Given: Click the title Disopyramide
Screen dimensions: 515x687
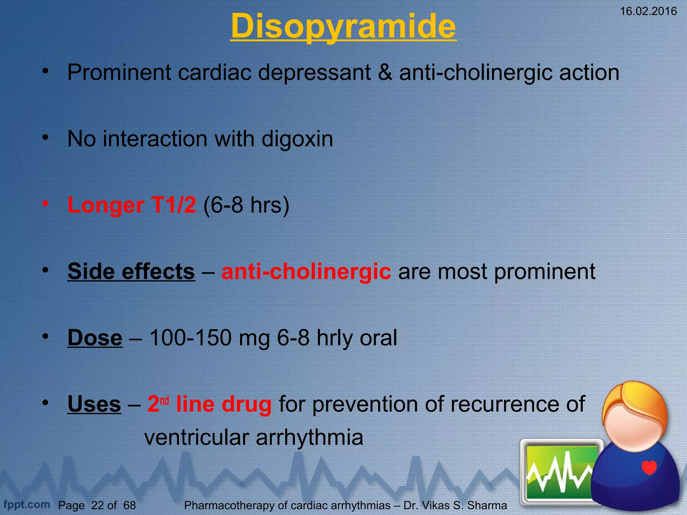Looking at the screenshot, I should click(x=343, y=26).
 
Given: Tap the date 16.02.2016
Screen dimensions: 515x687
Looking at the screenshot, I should click(x=648, y=11).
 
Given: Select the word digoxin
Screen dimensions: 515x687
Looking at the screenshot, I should click(x=297, y=138).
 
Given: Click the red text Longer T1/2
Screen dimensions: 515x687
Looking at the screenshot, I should click(x=131, y=205).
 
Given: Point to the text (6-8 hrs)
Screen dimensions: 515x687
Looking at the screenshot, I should click(x=246, y=205).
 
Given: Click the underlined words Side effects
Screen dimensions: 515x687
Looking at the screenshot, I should click(x=131, y=271).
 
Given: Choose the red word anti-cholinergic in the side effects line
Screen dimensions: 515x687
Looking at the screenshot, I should click(x=306, y=271).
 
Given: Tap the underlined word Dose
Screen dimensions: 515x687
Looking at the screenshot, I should click(x=95, y=338).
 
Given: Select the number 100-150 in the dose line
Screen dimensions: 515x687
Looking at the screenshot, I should click(x=190, y=338).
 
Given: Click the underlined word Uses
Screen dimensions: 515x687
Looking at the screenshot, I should click(x=94, y=404).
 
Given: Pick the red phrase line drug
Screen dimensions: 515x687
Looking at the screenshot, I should click(x=224, y=404).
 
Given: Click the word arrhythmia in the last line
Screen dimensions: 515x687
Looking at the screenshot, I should click(x=309, y=437).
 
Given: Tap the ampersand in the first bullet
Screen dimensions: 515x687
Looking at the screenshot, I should click(x=385, y=72).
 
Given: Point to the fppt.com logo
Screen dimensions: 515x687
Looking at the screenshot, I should click(x=27, y=504).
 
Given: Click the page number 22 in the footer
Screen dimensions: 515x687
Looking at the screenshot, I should click(x=97, y=505).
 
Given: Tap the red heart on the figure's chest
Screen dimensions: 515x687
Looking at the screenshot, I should click(x=649, y=467).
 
